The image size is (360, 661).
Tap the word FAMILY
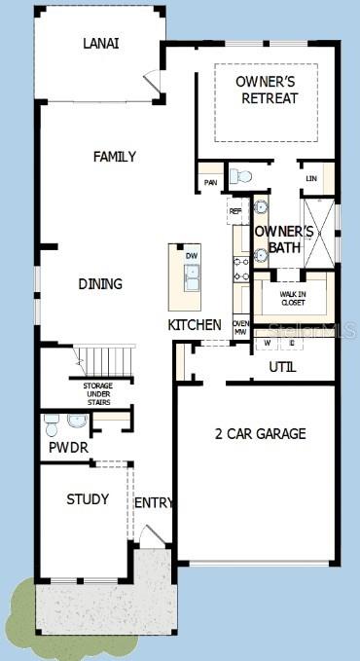(114, 157)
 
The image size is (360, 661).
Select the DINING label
(101, 284)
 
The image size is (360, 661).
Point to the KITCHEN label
(195, 324)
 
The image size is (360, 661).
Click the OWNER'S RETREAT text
(267, 90)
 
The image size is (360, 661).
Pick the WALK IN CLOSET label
(293, 297)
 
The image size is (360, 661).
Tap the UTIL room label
(282, 367)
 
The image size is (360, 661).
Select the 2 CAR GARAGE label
(260, 433)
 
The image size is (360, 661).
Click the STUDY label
(88, 499)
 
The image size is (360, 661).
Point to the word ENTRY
(154, 502)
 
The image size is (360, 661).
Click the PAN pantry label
(210, 182)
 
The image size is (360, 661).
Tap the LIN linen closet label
(311, 178)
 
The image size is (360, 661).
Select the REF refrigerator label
(235, 210)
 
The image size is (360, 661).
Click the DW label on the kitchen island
(192, 256)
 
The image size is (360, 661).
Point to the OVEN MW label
(240, 328)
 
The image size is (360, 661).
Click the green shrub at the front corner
(19, 608)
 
